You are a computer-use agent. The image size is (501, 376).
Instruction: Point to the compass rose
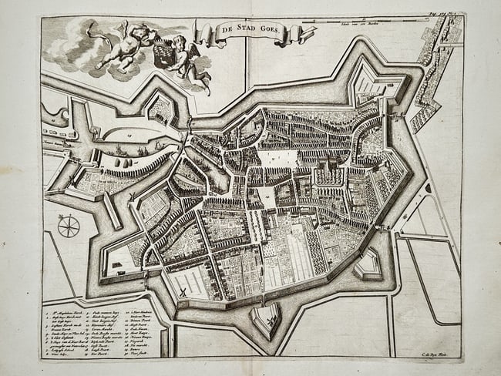[69, 226]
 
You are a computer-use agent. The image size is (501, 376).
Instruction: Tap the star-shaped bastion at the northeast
[376, 83]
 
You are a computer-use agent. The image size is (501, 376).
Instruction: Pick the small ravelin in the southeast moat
[368, 265]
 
